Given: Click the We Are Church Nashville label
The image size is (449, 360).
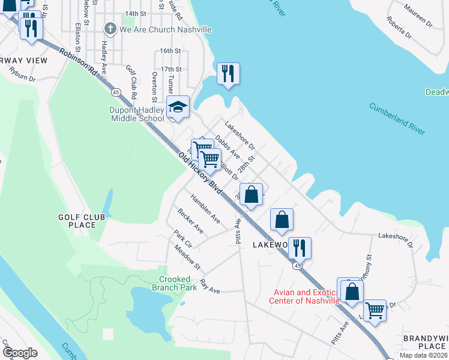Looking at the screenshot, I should click(165, 29).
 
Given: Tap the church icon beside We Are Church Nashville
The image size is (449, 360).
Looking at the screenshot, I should click(110, 29).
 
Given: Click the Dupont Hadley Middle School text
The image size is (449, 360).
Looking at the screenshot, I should click(137, 114).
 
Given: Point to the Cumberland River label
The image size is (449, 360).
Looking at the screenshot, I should click(397, 118).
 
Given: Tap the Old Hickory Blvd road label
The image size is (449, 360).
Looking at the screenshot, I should click(200, 172).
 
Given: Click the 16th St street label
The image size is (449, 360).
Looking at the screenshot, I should click(170, 51).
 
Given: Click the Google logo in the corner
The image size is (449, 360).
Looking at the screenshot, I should click(20, 353).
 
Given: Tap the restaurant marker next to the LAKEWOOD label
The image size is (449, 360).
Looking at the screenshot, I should click(300, 247).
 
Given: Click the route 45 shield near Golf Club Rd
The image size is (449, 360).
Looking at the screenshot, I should click(115, 92).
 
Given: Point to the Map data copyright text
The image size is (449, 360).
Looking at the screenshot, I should click(423, 355).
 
